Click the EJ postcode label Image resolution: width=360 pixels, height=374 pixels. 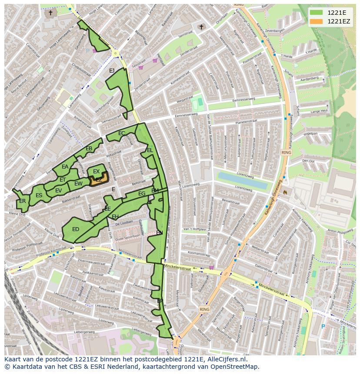click(112, 71)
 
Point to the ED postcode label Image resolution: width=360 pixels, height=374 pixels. click(76, 229)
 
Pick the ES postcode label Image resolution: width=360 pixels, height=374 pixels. click(39, 195)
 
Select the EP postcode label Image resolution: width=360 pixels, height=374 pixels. click(160, 301)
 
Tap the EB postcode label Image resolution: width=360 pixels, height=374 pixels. click(89, 149)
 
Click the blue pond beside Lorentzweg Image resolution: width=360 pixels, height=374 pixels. click(242, 180)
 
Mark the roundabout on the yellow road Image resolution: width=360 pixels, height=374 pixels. click(116, 53)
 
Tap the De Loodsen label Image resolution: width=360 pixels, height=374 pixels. click(124, 222)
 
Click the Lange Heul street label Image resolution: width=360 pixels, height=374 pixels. click(319, 112)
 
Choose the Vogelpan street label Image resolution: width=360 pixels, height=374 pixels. click(310, 134)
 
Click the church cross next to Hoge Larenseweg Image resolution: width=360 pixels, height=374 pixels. click(50, 13)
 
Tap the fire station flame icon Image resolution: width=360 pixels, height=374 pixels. click(285, 191)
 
